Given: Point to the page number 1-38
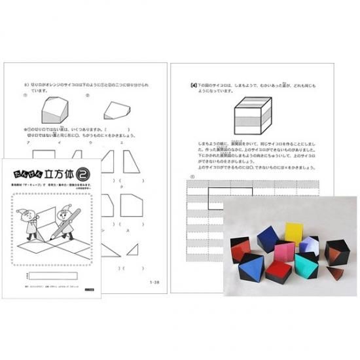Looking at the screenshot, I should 154,282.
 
